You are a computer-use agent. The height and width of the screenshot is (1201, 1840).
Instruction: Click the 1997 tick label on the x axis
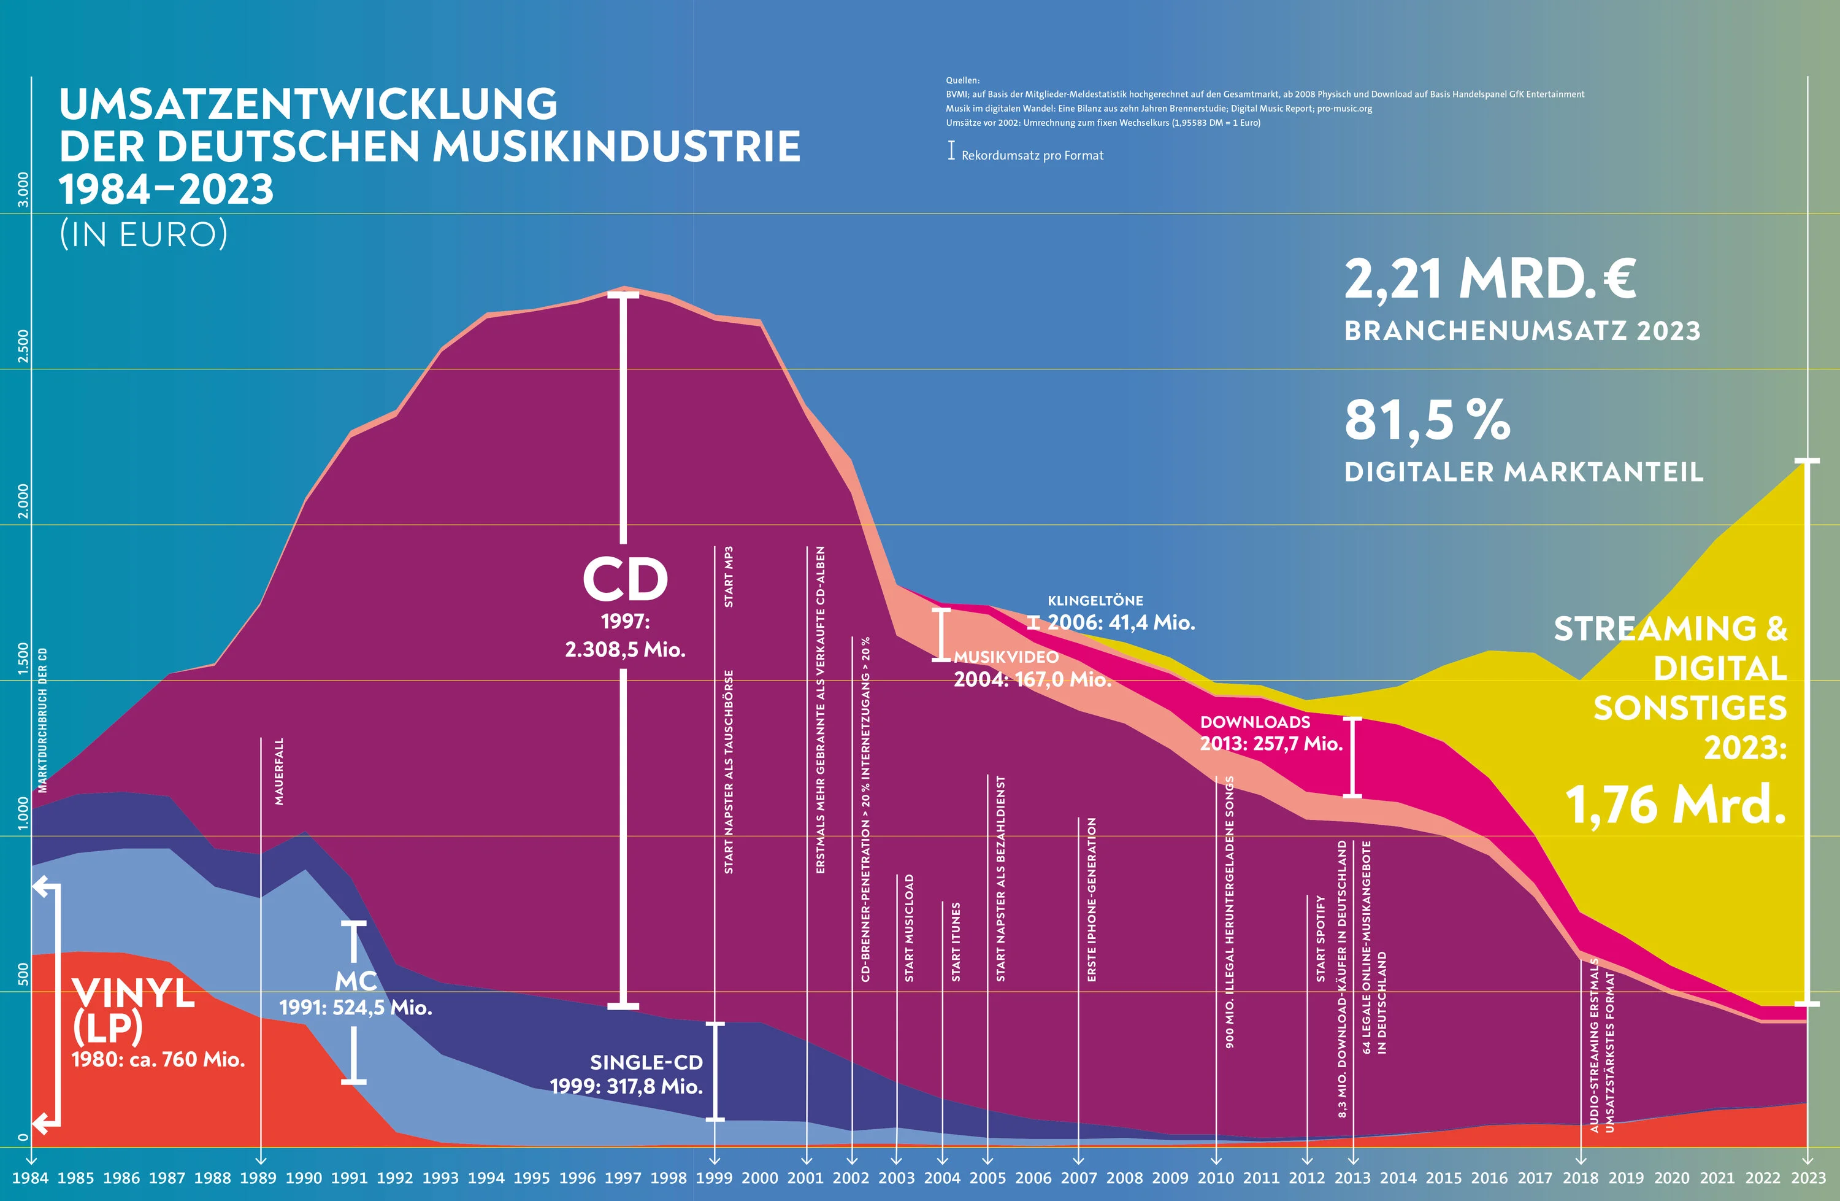tap(623, 1178)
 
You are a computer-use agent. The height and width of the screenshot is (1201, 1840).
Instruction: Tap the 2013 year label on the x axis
tap(1352, 1178)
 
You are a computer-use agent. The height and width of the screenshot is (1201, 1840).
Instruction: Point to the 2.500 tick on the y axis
tap(23, 346)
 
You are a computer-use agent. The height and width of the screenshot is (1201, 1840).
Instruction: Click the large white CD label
tap(624, 579)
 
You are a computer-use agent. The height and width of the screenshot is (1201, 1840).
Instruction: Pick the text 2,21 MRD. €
tap(1490, 279)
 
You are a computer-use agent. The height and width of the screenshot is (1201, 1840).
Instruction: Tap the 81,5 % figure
tap(1427, 420)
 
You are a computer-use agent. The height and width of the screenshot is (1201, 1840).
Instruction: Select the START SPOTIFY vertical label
tap(1321, 939)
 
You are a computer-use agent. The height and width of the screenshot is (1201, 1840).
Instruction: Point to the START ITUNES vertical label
tap(956, 942)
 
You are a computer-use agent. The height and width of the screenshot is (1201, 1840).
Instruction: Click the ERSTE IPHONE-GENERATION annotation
tap(1092, 900)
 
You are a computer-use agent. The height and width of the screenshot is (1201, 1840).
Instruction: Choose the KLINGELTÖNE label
tap(1095, 600)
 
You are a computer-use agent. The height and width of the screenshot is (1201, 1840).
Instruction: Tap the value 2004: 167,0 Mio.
tap(1032, 679)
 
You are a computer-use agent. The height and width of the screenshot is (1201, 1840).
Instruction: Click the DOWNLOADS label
tap(1255, 722)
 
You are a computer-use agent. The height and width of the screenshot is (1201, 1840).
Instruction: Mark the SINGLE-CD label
tap(646, 1062)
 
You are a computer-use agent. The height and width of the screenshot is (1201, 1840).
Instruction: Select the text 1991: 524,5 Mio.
tap(356, 1007)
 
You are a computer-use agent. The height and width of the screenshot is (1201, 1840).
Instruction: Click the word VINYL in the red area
tap(133, 993)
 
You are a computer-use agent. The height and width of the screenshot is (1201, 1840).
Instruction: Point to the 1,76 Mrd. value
tap(1676, 805)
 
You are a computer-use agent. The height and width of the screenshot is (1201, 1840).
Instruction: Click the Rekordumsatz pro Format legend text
tap(1032, 155)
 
